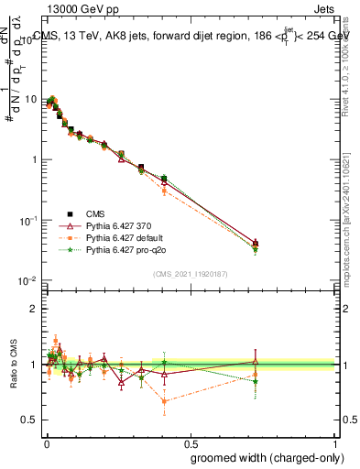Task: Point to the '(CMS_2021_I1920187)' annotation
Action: pos(191,274)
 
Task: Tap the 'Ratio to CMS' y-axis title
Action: pos(13,365)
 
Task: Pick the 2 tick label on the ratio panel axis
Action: pos(34,309)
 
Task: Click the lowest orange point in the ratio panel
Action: pos(164,400)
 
